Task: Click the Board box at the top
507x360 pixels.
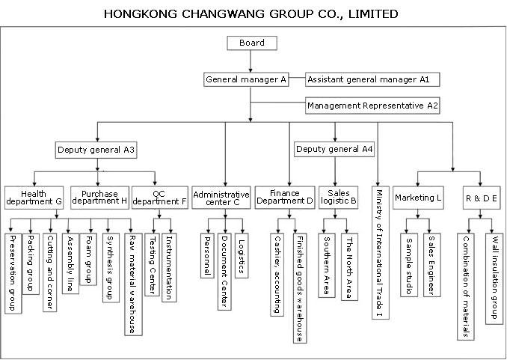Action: point(252,43)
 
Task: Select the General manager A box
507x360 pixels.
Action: point(246,79)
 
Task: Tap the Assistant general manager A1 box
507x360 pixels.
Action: point(372,79)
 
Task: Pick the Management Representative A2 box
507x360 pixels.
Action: point(372,106)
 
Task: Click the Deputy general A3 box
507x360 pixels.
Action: point(96,150)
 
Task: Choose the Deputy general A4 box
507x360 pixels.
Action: point(334,149)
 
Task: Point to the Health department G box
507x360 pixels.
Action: point(34,198)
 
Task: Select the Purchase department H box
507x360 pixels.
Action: point(99,198)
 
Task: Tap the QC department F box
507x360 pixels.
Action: point(160,198)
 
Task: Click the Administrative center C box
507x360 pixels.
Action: point(221,198)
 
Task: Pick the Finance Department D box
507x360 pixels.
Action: point(285,198)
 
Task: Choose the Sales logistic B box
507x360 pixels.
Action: point(338,198)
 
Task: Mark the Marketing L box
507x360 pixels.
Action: point(418,198)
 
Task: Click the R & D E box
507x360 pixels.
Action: point(482,198)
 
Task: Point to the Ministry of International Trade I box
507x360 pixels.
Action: point(380,252)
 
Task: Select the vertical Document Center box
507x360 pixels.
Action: point(224,272)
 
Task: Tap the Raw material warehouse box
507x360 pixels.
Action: point(133,284)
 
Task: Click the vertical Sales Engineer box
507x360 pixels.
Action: point(432,265)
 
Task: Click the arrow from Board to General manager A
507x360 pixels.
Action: point(251,61)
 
